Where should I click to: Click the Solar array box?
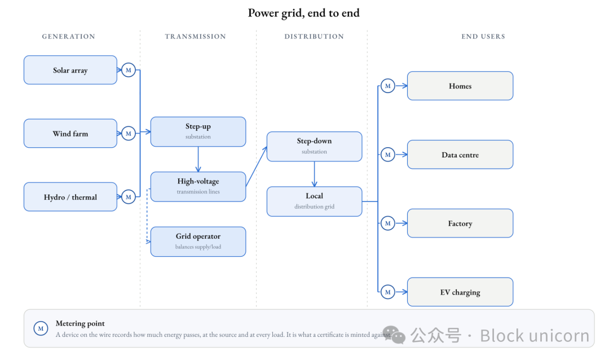70,70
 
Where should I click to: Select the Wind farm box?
70,133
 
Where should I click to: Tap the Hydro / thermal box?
70,197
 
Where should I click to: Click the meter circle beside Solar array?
129,70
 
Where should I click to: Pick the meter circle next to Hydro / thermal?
129,197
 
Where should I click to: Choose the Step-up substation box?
198,132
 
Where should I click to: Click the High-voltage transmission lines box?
198,187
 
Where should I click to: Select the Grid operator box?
198,242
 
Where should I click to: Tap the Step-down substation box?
314,147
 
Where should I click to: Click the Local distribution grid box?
314,201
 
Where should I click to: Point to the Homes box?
460,86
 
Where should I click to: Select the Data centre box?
460,155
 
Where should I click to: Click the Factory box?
460,223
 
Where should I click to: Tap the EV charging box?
460,292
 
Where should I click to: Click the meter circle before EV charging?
387,292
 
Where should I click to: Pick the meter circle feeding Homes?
387,86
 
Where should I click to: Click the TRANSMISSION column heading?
195,37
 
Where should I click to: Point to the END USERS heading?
483,37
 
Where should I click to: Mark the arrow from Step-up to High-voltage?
198,159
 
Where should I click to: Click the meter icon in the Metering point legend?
41,328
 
